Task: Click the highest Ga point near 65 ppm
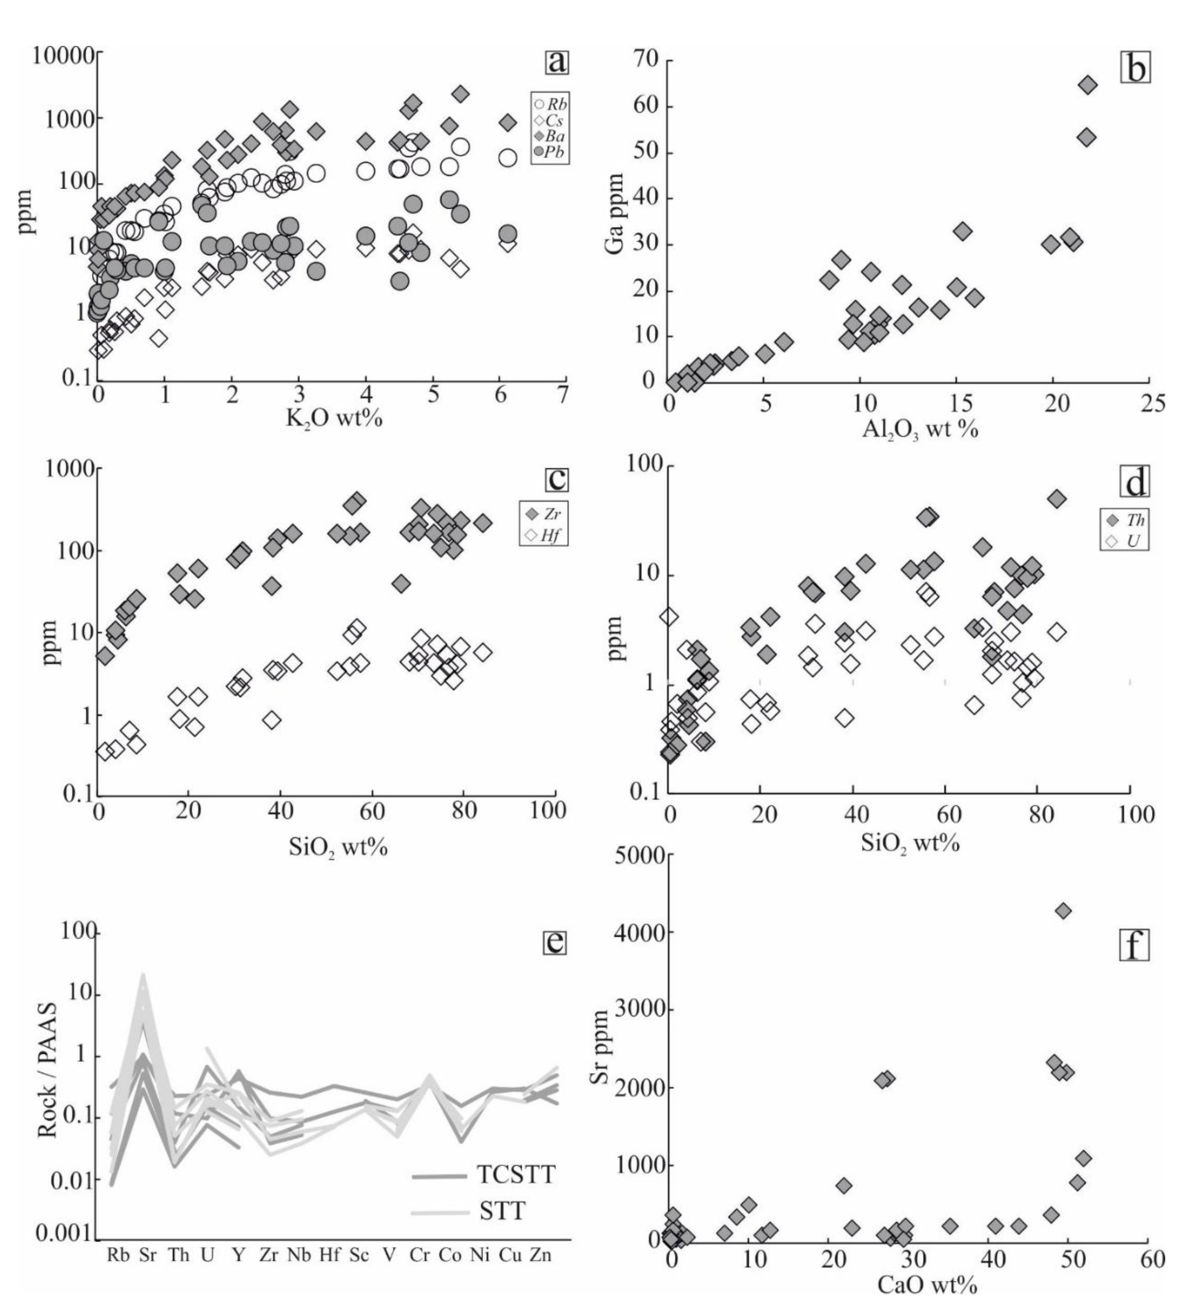tap(1088, 85)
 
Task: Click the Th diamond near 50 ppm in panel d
tap(1057, 498)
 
